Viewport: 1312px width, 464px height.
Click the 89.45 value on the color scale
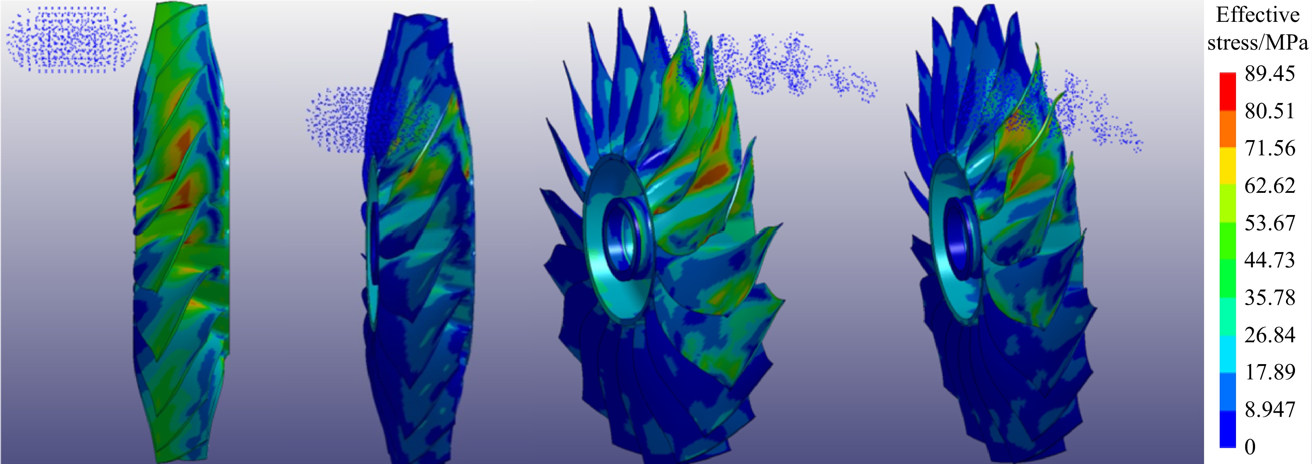1270,74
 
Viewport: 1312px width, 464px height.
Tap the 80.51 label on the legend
1270,111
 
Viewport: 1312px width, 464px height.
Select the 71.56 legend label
1270,148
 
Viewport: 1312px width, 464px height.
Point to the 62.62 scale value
1270,185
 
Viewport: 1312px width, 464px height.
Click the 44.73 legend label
1270,260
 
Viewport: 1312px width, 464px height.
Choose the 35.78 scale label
1270,297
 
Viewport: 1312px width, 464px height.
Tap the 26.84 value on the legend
1270,335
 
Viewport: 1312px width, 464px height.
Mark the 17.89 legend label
1270,372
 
